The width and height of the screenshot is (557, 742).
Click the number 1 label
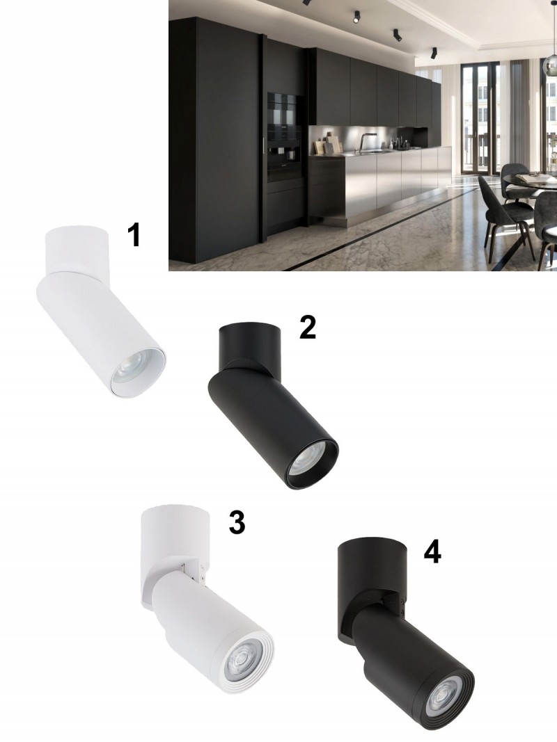(135, 236)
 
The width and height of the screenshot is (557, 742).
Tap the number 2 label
(308, 328)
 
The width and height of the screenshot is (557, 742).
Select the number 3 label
(237, 523)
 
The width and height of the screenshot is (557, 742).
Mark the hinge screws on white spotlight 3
(202, 572)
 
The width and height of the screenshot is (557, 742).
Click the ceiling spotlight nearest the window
(433, 53)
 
